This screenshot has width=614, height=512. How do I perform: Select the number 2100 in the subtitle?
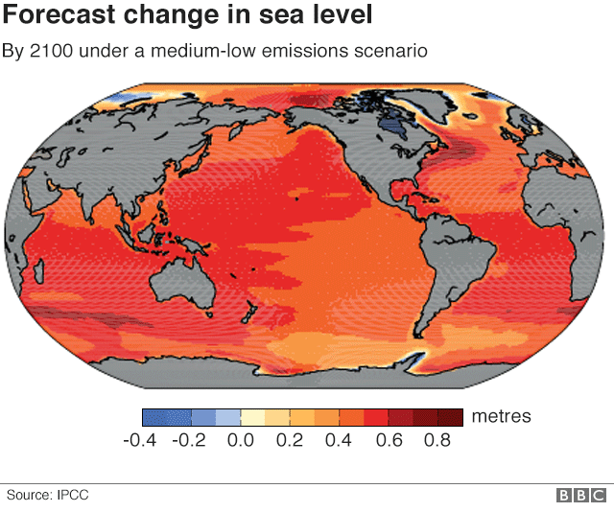[51, 49]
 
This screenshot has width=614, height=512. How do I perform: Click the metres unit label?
[500, 416]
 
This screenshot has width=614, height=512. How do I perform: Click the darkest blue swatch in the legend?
[153, 417]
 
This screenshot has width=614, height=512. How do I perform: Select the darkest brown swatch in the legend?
[451, 417]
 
